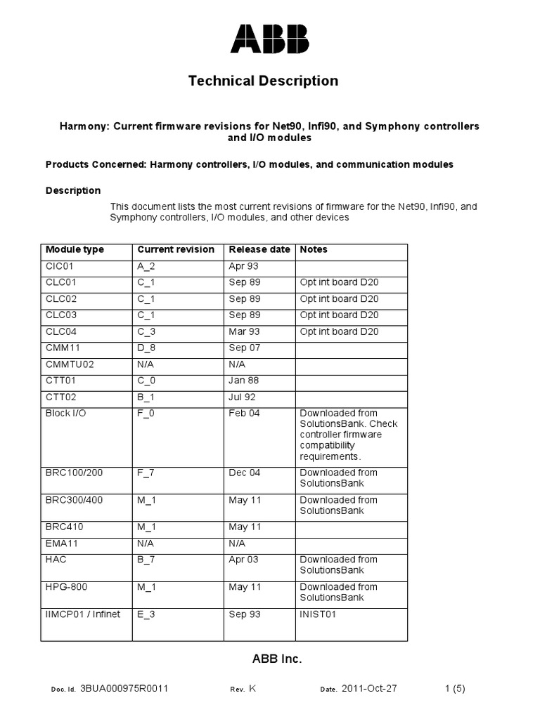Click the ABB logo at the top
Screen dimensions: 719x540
tap(269, 39)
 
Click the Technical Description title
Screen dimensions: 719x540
tap(263, 81)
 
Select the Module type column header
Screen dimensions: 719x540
tap(75, 249)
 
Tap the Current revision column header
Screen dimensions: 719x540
tap(176, 249)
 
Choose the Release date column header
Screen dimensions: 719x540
tap(259, 249)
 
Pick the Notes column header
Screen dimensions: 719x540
tap(314, 249)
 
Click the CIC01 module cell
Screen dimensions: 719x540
tap(60, 266)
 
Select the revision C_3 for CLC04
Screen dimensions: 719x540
tap(147, 331)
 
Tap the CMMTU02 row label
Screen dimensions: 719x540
tap(70, 364)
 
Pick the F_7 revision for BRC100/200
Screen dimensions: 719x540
tap(146, 473)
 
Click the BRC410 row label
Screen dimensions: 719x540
tap(63, 527)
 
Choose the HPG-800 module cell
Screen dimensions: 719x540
tap(66, 587)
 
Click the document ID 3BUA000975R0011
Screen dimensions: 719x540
tap(124, 689)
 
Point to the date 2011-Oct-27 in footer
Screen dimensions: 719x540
tap(369, 689)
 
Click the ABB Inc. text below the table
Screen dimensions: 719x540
tap(276, 659)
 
